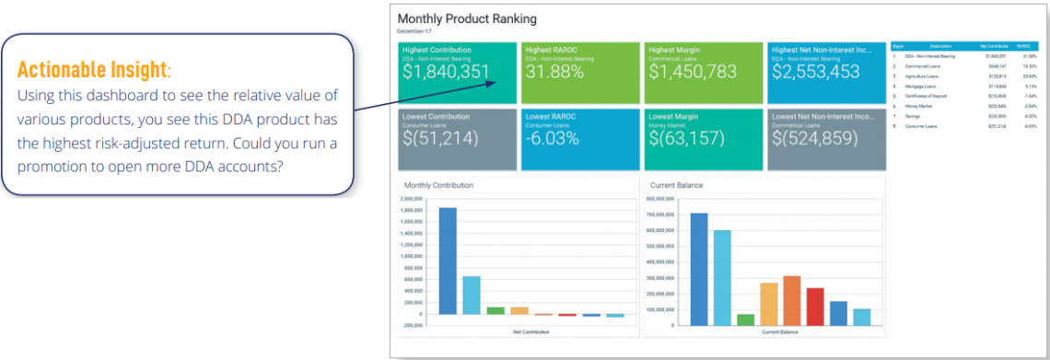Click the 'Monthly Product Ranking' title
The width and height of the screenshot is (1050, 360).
pos(466,18)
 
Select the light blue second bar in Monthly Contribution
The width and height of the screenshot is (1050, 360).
pos(471,295)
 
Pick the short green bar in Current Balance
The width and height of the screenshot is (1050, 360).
pos(745,319)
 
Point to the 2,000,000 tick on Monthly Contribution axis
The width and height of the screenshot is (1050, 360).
pos(412,199)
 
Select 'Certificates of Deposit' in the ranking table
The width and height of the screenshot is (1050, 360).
pos(927,95)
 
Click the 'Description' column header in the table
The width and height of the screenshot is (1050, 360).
pos(940,44)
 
